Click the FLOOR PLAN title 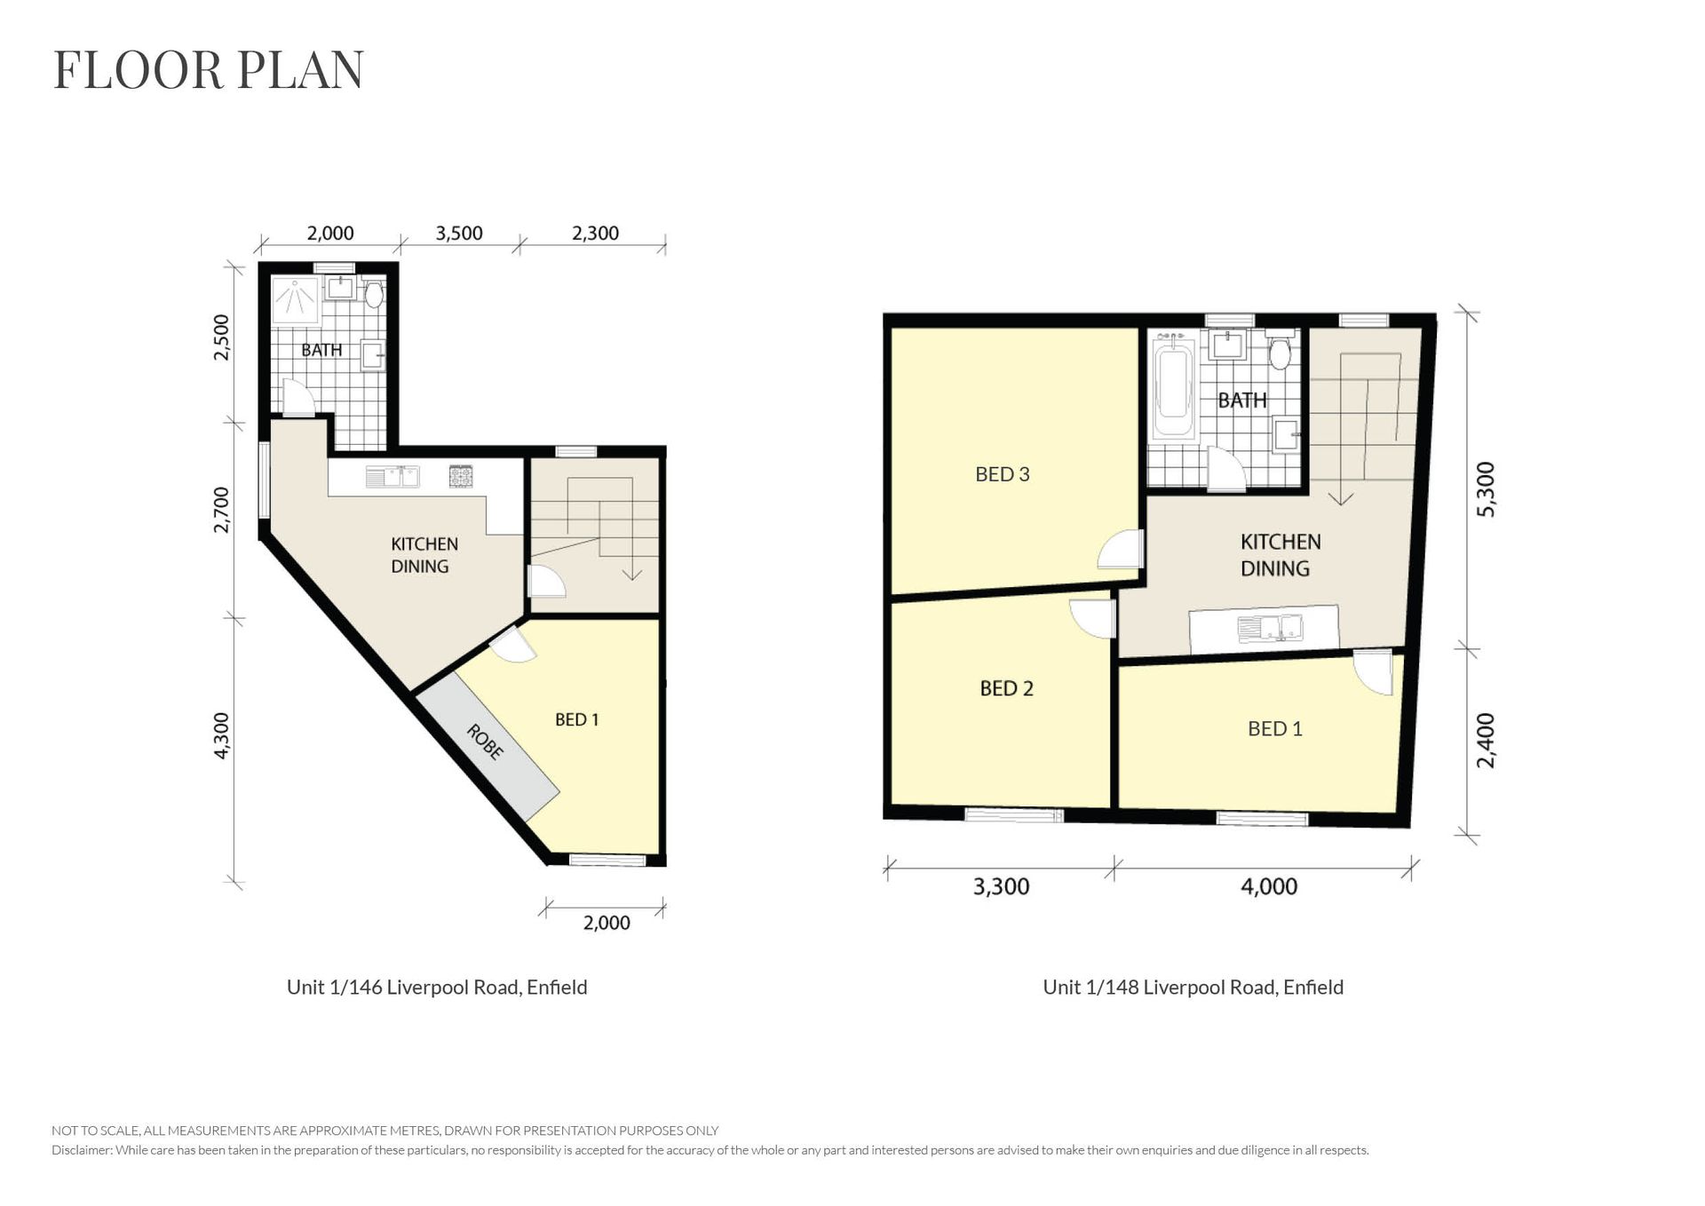pyautogui.click(x=209, y=70)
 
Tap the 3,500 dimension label pyautogui.click(x=459, y=234)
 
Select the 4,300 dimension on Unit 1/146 pyautogui.click(x=222, y=735)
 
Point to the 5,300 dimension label pyautogui.click(x=1486, y=489)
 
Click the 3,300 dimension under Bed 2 pyautogui.click(x=1002, y=886)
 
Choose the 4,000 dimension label pyautogui.click(x=1269, y=886)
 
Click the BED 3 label pyautogui.click(x=1003, y=474)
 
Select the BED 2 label pyautogui.click(x=1007, y=688)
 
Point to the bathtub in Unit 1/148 pyautogui.click(x=1173, y=387)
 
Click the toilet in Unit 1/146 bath pyautogui.click(x=374, y=292)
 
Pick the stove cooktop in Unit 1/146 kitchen pyautogui.click(x=461, y=477)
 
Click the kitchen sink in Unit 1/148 pyautogui.click(x=1271, y=628)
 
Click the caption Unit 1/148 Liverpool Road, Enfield pyautogui.click(x=1193, y=988)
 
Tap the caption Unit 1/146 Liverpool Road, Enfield pyautogui.click(x=437, y=988)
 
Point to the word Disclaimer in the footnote pyautogui.click(x=82, y=1150)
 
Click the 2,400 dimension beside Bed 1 pyautogui.click(x=1486, y=741)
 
